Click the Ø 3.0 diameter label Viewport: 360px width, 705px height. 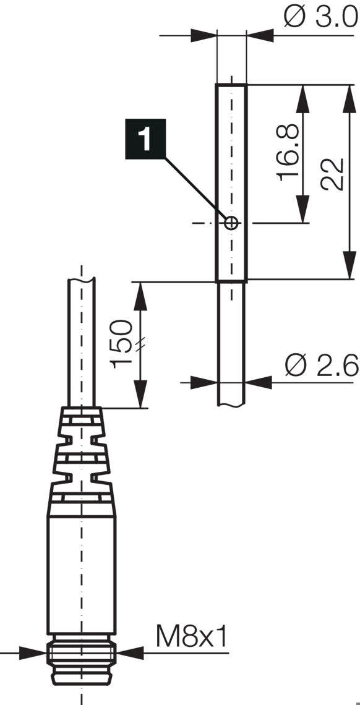320,17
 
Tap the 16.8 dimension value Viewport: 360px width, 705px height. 289,153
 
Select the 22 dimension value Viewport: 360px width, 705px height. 333,175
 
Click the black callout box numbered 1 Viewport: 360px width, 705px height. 144,140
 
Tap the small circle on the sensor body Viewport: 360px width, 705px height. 231,223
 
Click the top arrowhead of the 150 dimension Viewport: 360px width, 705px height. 142,292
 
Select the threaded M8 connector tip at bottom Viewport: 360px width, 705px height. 81,665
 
